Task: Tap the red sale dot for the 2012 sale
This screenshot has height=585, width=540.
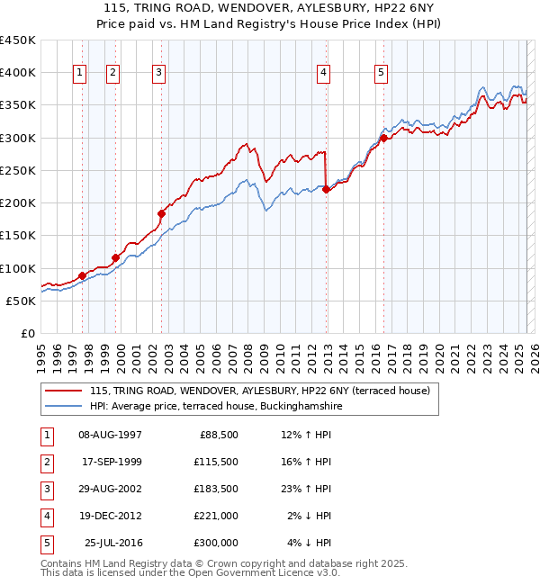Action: point(326,189)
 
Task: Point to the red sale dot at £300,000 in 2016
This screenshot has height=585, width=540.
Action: point(383,138)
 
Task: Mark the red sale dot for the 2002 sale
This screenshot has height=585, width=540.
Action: point(162,213)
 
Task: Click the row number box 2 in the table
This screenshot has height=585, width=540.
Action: point(46,463)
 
